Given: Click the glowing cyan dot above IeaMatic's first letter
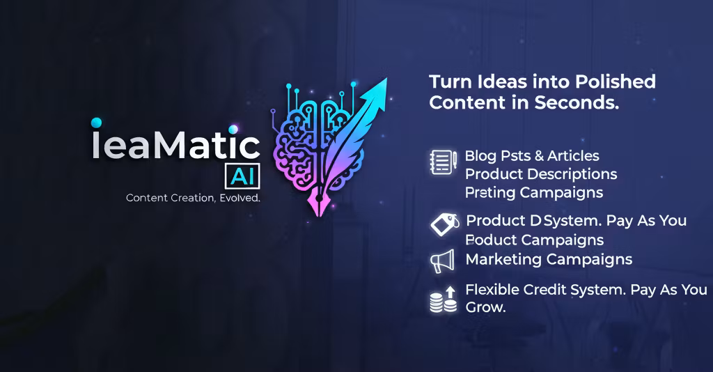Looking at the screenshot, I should [96, 123].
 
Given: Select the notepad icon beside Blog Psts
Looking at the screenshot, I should [442, 162].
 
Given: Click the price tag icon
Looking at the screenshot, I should [444, 224].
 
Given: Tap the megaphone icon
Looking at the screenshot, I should [442, 261].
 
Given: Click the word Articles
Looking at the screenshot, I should [573, 155].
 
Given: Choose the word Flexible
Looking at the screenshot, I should [493, 289].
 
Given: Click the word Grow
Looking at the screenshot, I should [485, 307].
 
